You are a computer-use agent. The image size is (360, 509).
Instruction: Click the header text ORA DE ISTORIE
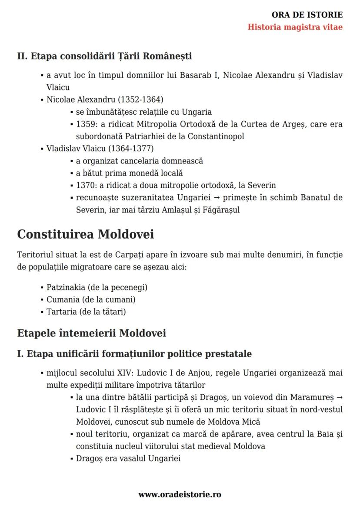pos(307,15)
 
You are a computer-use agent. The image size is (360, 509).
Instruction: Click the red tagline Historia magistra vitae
pos(295,27)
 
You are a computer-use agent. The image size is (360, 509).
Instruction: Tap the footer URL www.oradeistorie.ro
pos(180,494)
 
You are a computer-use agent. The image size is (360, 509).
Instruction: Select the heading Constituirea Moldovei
pos(85,234)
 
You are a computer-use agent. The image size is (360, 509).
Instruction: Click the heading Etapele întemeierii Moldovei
pos(91,333)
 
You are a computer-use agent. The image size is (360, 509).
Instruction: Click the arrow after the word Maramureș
pos(339,397)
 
